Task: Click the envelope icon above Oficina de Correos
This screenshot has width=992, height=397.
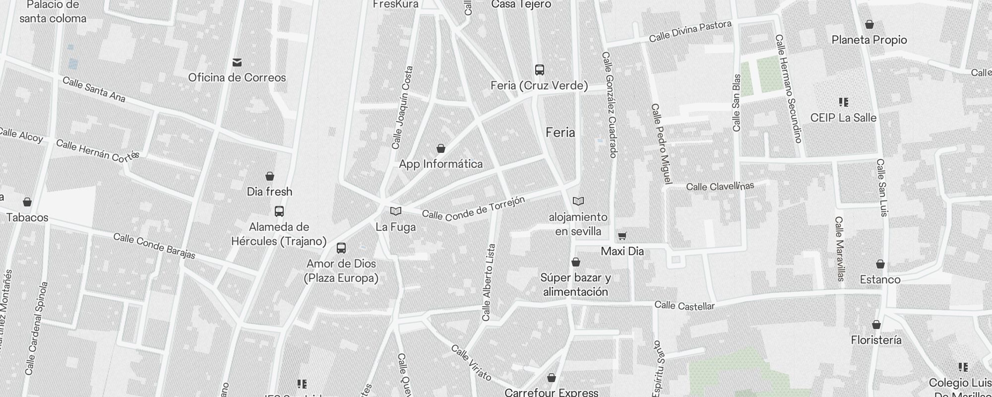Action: pyautogui.click(x=237, y=63)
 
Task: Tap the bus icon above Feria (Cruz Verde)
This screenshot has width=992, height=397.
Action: pyautogui.click(x=540, y=70)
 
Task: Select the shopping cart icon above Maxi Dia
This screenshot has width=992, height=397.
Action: pyautogui.click(x=622, y=236)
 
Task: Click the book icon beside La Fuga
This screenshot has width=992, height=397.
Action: pyautogui.click(x=395, y=211)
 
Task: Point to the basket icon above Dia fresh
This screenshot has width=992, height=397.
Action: pyautogui.click(x=270, y=176)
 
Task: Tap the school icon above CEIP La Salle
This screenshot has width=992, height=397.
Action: pyautogui.click(x=843, y=102)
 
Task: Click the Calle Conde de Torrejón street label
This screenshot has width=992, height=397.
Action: pyautogui.click(x=473, y=208)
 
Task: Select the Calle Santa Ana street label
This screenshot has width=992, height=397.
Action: pyautogui.click(x=94, y=89)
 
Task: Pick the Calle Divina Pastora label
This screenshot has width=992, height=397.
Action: pyautogui.click(x=690, y=31)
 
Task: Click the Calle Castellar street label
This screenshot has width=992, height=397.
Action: pyautogui.click(x=684, y=306)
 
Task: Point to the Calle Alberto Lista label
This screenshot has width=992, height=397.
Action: pyautogui.click(x=489, y=282)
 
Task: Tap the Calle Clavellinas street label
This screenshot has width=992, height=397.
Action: pyautogui.click(x=720, y=186)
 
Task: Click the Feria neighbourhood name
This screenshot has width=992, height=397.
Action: pyautogui.click(x=560, y=132)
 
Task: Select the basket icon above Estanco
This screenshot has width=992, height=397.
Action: pyautogui.click(x=880, y=264)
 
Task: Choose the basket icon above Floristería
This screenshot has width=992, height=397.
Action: pyautogui.click(x=876, y=325)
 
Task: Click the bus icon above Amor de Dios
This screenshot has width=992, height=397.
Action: pyautogui.click(x=341, y=248)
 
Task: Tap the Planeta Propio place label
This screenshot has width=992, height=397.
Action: pyautogui.click(x=869, y=40)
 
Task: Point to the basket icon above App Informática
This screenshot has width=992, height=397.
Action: pyautogui.click(x=440, y=148)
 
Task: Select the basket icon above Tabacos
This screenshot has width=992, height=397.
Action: pyautogui.click(x=27, y=202)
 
